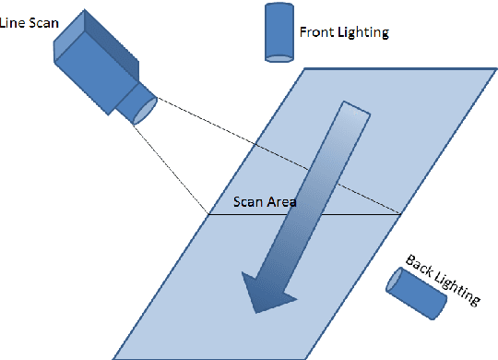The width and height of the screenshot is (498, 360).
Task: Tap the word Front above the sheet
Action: click(x=316, y=31)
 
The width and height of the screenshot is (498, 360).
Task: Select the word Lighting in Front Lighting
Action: click(x=362, y=32)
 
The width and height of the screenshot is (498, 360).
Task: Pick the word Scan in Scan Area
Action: click(x=250, y=201)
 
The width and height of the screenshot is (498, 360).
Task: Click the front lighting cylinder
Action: click(x=278, y=33)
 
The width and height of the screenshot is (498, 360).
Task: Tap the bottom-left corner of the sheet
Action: click(x=114, y=357)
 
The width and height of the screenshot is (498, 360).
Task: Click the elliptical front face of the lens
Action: click(x=146, y=109)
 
